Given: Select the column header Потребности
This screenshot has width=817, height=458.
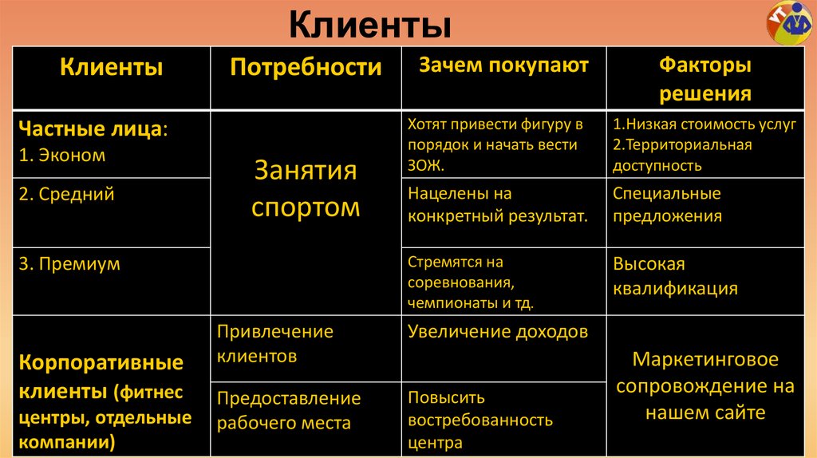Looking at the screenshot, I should [x=306, y=67].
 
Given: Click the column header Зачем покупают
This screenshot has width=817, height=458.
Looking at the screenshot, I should [x=503, y=65].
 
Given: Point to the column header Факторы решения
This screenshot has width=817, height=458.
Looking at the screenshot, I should [x=705, y=78].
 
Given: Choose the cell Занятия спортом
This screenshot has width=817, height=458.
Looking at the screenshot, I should [x=306, y=189].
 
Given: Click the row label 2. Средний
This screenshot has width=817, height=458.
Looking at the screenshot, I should [x=66, y=194].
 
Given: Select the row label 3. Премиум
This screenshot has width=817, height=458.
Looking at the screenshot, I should [x=69, y=264].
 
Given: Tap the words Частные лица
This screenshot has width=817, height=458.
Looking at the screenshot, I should [x=93, y=129].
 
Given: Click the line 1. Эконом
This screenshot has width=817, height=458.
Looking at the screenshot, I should [x=61, y=155].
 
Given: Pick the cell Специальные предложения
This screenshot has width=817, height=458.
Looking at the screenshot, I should [x=667, y=205].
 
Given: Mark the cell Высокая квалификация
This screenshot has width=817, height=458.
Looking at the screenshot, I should [x=675, y=276].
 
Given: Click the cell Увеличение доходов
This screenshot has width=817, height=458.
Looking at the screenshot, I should [x=498, y=331].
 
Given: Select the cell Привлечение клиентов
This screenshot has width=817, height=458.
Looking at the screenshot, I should [x=275, y=344].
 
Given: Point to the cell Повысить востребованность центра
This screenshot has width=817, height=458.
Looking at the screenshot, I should [x=480, y=420].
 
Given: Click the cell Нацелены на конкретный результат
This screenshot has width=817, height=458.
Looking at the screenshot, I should [x=498, y=205].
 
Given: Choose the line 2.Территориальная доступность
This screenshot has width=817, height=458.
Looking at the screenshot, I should [x=682, y=156].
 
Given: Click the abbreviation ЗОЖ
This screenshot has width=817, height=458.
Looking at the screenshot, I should [x=424, y=166].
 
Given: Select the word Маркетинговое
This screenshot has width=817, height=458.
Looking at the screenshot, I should [x=705, y=359].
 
